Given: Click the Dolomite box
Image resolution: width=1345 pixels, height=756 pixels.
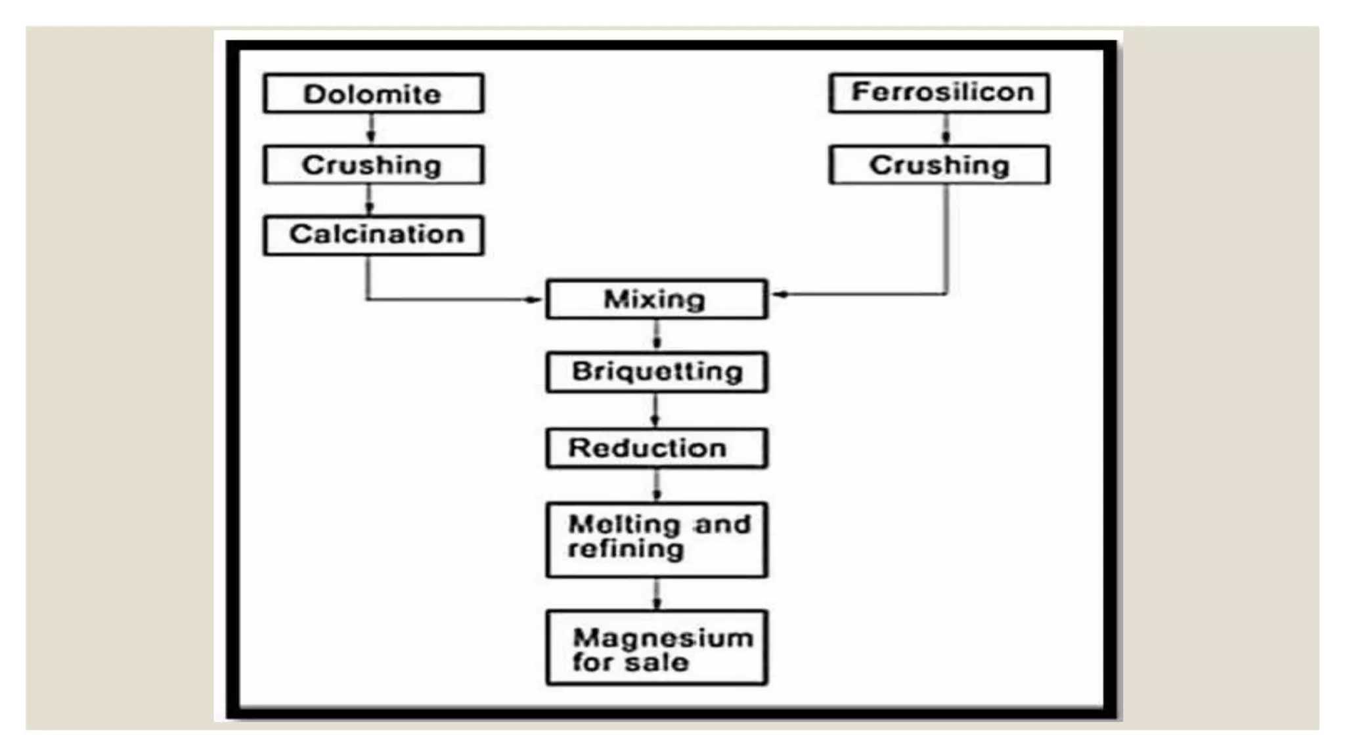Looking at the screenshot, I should tap(373, 93).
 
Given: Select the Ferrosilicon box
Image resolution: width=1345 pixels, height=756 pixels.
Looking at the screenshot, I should tap(939, 93).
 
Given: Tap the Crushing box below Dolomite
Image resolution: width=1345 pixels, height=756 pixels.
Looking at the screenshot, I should tap(373, 165).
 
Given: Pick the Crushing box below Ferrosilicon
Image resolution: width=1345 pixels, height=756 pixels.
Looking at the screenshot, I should tap(939, 165).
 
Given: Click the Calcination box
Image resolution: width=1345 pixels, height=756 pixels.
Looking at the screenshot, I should tap(373, 235).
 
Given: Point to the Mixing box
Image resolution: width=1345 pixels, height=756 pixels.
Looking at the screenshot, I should tap(656, 299).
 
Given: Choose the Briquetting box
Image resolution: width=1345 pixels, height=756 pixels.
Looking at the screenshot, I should tap(656, 372).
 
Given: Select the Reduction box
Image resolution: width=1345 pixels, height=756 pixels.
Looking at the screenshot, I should tap(656, 448).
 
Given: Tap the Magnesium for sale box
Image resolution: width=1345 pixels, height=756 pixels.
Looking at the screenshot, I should tap(656, 648).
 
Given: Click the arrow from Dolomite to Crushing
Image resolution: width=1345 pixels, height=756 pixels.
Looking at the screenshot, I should tap(371, 129).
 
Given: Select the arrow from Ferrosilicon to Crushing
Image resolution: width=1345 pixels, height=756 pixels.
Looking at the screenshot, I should tap(946, 129).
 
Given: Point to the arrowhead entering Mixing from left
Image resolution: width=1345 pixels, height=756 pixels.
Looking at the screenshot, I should tap(533, 300).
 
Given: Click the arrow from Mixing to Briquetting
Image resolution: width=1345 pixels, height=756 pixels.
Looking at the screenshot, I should tap(657, 336).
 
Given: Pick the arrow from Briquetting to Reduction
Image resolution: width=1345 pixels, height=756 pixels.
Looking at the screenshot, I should tap(655, 411).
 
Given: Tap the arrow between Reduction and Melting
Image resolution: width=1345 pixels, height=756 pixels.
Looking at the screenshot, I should tap(657, 486).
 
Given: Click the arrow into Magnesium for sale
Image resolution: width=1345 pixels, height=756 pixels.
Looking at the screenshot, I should tap(657, 595).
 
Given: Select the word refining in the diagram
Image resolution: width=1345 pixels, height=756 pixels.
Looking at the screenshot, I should tap(626, 549).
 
